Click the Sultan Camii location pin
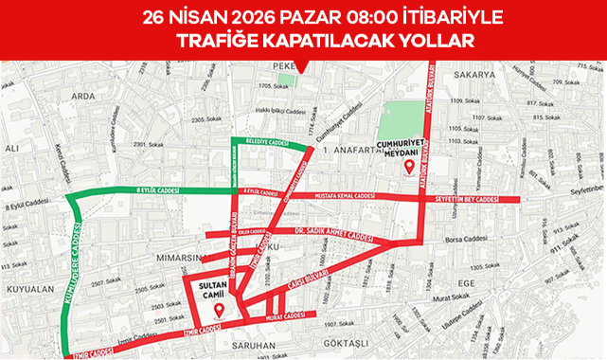218,310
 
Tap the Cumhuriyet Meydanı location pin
409,168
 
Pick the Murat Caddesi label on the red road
284,315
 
